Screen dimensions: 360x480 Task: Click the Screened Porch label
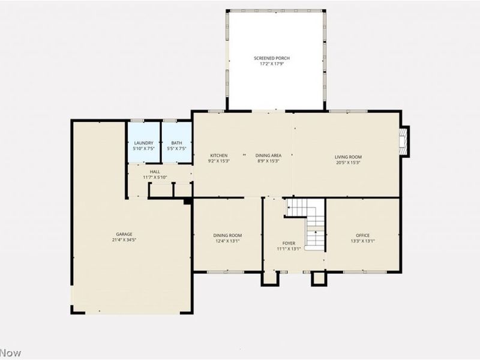click(272, 58)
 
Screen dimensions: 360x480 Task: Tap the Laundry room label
click(143, 143)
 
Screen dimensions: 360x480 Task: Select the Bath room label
click(177, 143)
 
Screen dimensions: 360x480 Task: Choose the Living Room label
click(348, 157)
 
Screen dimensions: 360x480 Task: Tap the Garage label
click(124, 234)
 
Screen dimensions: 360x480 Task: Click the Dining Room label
click(227, 235)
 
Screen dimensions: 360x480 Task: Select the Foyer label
click(289, 244)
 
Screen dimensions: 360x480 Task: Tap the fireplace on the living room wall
click(405, 141)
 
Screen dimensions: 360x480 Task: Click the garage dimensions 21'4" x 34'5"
click(124, 239)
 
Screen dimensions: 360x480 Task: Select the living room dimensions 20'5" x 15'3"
click(348, 162)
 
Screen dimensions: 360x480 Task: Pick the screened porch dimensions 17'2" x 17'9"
click(272, 63)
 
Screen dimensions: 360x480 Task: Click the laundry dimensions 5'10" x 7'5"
click(143, 148)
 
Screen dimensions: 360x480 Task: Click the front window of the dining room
click(226, 272)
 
